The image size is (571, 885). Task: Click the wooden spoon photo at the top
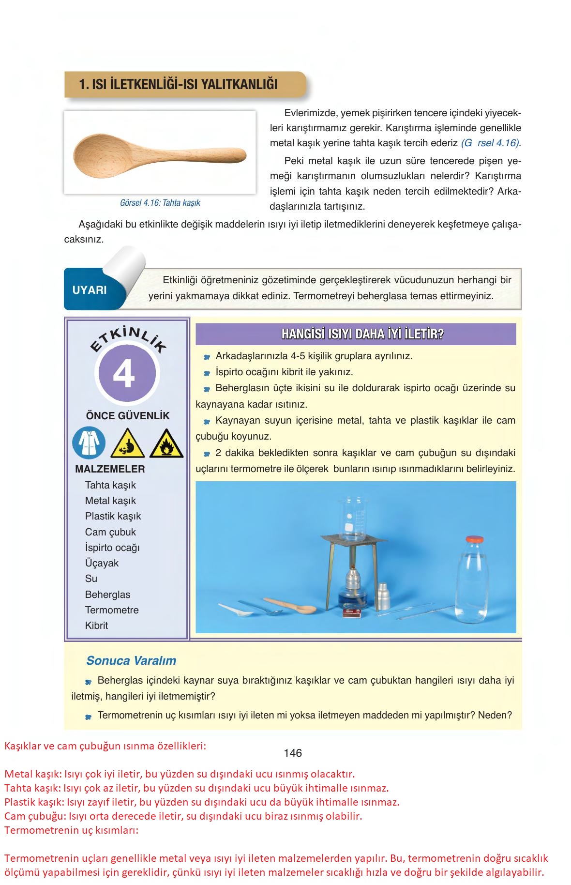[x=160, y=153]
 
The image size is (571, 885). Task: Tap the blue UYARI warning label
[x=90, y=290]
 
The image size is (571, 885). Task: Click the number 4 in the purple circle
[x=124, y=374]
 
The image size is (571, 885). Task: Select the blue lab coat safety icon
[x=89, y=442]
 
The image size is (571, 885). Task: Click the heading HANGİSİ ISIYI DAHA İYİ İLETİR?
[x=356, y=334]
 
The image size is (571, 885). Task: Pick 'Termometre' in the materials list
[x=112, y=610]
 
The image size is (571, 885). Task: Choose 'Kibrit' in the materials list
[x=96, y=626]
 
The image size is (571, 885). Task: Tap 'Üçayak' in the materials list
[x=102, y=563]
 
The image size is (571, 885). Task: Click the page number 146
[x=293, y=753]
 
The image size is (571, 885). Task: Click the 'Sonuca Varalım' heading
[x=131, y=660]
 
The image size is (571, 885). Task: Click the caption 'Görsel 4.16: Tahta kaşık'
[x=160, y=203]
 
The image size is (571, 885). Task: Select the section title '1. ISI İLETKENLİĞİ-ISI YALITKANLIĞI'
[x=179, y=84]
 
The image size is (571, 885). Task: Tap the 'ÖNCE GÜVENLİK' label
[x=128, y=416]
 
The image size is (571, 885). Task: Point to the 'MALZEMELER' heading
[x=110, y=469]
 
